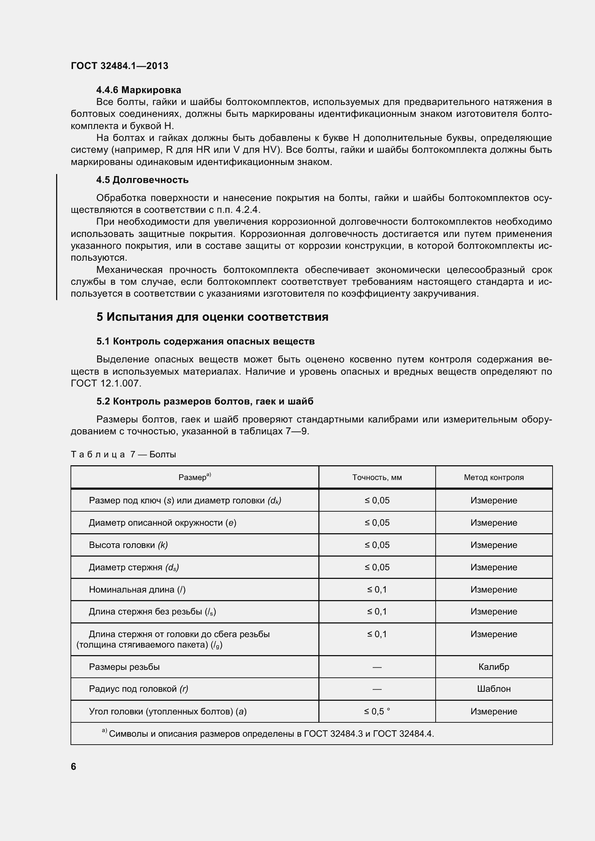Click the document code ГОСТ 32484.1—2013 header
tap(119, 66)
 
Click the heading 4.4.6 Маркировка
tap(138, 90)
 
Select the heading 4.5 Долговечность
tap(142, 180)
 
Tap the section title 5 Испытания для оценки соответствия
tap(212, 317)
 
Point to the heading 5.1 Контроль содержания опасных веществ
tap(205, 341)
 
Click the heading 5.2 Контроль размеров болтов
tap(205, 402)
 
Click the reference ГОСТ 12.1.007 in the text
tap(105, 384)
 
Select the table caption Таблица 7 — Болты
tap(123, 454)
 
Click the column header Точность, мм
tap(377, 477)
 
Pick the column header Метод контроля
tap(494, 477)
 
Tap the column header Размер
tap(194, 477)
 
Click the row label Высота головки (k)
tap(128, 545)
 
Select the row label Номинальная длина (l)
tap(137, 590)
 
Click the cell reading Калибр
tap(494, 667)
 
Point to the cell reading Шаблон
tap(494, 689)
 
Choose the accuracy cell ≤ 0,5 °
tap(377, 711)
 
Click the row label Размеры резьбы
tap(124, 667)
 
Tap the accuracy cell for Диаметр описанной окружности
tap(377, 523)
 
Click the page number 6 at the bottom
tap(73, 767)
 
